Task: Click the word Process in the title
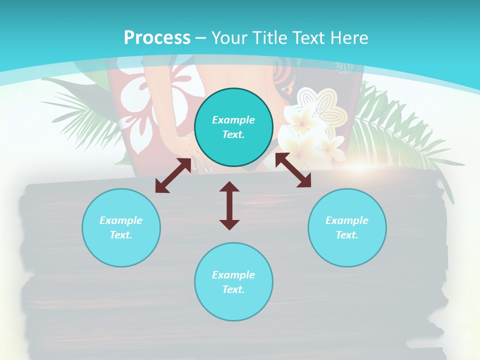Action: (157, 38)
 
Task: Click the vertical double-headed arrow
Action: (229, 205)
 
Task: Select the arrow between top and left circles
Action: (173, 175)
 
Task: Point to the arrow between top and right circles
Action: (293, 170)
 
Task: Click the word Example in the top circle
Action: (233, 120)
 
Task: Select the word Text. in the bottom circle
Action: (233, 289)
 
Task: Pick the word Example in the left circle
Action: (121, 220)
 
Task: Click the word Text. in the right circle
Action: (347, 235)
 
